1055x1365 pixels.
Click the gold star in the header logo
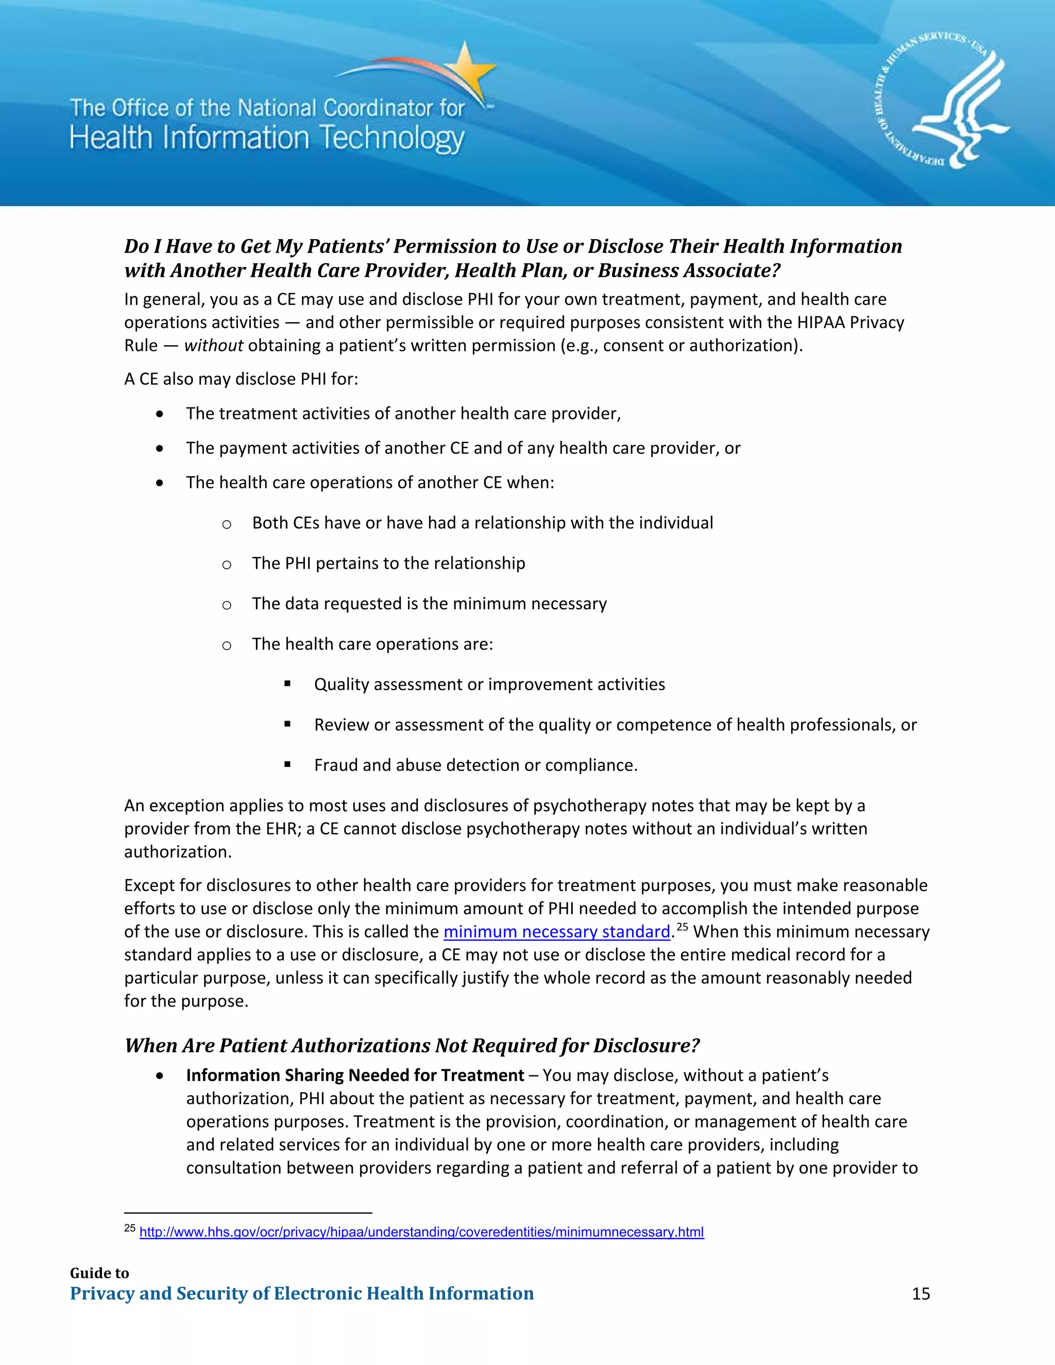468,70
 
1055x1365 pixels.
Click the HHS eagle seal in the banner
941,100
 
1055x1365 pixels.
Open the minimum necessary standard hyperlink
556,932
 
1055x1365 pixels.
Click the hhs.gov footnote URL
421,1232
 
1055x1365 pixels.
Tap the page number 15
920,1293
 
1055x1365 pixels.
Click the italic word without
213,346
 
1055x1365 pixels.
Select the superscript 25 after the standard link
682,927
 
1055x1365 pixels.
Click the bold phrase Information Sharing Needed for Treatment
354,1075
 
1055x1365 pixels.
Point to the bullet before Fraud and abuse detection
287,764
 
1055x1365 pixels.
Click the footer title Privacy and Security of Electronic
301,1293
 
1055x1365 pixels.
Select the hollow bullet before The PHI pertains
227,565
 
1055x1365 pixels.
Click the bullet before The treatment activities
161,414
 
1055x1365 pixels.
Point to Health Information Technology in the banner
267,138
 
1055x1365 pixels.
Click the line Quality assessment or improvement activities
489,685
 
